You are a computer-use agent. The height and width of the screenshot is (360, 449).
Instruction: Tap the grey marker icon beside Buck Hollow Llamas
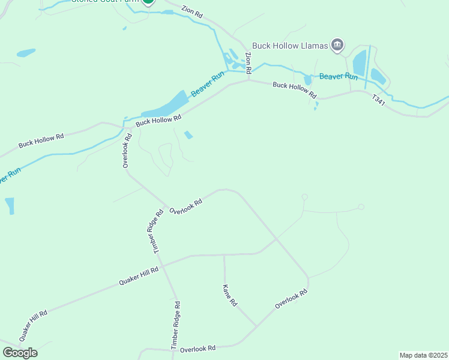coord(337,44)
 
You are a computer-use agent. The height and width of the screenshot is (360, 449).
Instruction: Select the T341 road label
coord(379,101)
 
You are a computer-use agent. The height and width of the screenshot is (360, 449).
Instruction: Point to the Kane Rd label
coord(230,296)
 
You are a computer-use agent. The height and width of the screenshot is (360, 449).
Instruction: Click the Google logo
coord(20,352)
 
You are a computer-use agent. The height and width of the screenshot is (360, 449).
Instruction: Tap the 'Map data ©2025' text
coord(423,355)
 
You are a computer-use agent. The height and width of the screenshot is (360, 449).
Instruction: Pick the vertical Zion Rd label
coord(249,62)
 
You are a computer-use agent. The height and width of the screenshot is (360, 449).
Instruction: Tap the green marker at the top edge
coord(148,1)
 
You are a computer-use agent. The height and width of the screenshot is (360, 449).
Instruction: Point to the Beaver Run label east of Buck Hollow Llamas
coord(339,76)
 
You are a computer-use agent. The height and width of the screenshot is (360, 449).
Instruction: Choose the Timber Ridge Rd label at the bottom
coord(175,326)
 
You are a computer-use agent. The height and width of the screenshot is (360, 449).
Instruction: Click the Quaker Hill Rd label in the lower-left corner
coord(33,326)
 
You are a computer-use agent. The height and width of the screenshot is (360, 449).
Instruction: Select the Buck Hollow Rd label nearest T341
coord(294,90)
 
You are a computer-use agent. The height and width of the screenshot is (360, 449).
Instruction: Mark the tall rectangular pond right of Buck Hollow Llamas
coord(359,63)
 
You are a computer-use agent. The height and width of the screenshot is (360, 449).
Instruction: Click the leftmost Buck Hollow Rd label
coord(41,141)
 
